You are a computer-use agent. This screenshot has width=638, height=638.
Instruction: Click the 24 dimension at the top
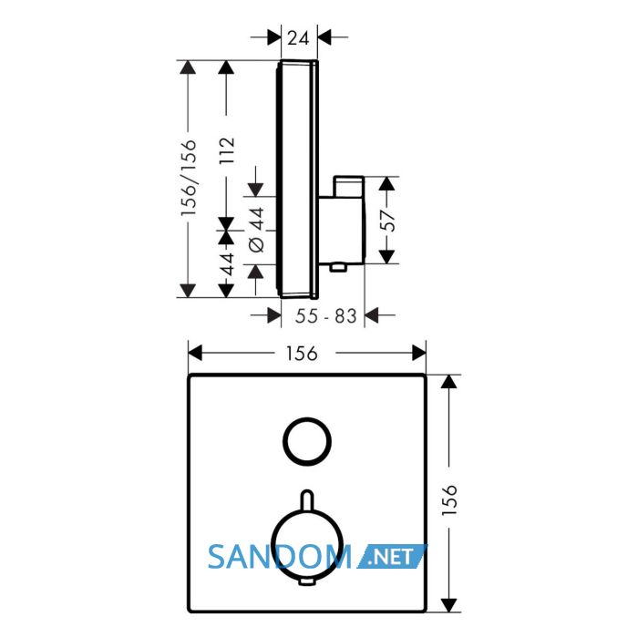[298, 38]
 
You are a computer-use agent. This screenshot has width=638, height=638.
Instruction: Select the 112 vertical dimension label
[227, 150]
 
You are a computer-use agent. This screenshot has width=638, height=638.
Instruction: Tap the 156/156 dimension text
[189, 178]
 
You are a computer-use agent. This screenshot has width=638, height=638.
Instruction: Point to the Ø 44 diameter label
[256, 230]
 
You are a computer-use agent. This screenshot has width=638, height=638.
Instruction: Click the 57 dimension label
[389, 221]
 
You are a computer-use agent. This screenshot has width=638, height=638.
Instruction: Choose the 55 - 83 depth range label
[326, 316]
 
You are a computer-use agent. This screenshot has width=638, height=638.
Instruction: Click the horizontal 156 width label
[302, 354]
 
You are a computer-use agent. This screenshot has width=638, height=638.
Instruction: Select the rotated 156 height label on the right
[449, 500]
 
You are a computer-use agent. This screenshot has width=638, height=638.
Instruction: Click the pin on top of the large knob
[307, 499]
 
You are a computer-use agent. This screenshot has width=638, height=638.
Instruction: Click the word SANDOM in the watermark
[279, 557]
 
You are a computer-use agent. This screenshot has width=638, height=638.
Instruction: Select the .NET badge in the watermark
[391, 556]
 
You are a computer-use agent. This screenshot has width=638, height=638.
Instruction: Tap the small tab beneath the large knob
[307, 582]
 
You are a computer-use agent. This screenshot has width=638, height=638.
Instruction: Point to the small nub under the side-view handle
[338, 267]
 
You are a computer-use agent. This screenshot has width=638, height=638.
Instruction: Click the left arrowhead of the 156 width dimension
[195, 353]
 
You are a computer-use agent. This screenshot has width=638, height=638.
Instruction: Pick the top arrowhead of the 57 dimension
[386, 184]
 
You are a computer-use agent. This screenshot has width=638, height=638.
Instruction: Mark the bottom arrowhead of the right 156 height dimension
[448, 604]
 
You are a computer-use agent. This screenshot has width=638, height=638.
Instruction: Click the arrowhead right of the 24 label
[324, 37]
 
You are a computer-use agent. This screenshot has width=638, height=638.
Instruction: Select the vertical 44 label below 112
[227, 264]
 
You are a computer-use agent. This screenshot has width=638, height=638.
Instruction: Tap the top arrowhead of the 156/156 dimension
[188, 67]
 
